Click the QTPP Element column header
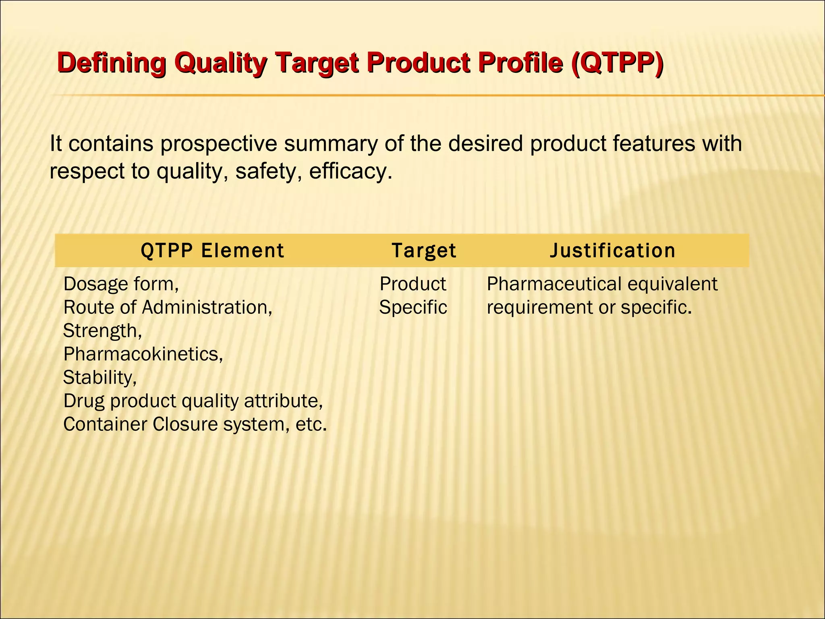tap(212, 251)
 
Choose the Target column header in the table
tap(424, 251)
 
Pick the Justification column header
tap(612, 251)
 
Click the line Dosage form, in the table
tap(121, 284)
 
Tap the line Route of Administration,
tap(168, 307)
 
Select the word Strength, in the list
tap(102, 331)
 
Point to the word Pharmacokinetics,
tap(143, 354)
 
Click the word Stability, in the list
tap(100, 378)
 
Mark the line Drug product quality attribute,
tap(193, 401)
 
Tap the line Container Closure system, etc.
tap(195, 424)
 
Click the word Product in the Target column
tap(413, 284)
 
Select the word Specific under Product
tap(413, 307)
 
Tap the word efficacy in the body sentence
tap(348, 172)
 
